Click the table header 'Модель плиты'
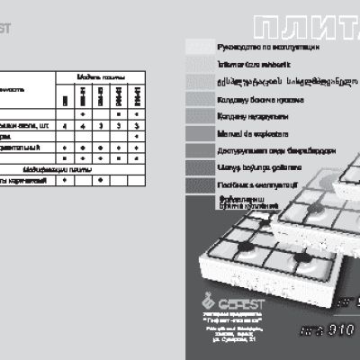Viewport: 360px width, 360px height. pos(98,77)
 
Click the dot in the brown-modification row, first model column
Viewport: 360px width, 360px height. pos(64,179)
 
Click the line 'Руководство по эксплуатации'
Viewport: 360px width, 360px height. pos(256,45)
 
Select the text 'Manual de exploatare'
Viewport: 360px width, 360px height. pos(245,131)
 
